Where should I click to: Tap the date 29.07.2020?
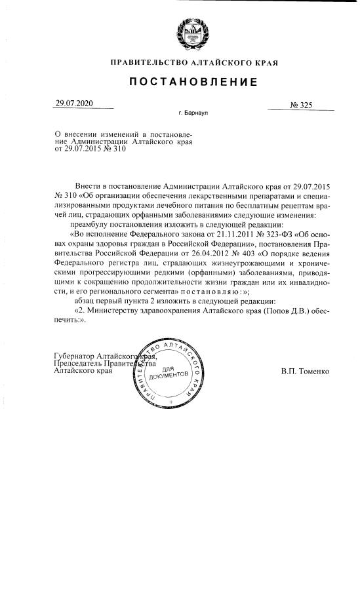(74, 104)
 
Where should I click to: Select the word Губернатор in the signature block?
(74, 356)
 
